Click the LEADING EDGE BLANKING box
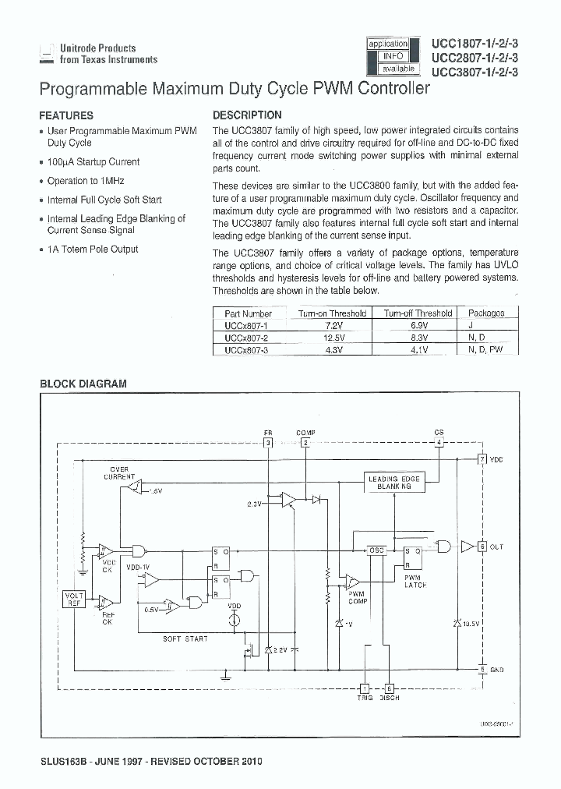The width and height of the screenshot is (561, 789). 393,483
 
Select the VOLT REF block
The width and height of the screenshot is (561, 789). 74,599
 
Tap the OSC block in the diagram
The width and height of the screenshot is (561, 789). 377,550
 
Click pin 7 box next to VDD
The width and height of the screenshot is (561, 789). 482,459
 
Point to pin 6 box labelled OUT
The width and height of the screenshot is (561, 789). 482,547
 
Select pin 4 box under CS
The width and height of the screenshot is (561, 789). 439,443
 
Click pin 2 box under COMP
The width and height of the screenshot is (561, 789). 305,443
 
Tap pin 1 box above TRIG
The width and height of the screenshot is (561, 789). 365,688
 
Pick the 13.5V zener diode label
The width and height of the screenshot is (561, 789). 471,624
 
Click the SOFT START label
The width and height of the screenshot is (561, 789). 185,639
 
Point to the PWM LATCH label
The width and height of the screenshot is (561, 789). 415,581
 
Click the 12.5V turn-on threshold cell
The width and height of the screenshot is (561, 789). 333,338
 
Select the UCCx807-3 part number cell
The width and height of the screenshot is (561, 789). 245,350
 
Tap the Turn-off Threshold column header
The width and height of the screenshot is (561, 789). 418,313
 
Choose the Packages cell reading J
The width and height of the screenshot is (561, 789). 486,325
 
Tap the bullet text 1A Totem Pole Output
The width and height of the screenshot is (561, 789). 93,249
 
